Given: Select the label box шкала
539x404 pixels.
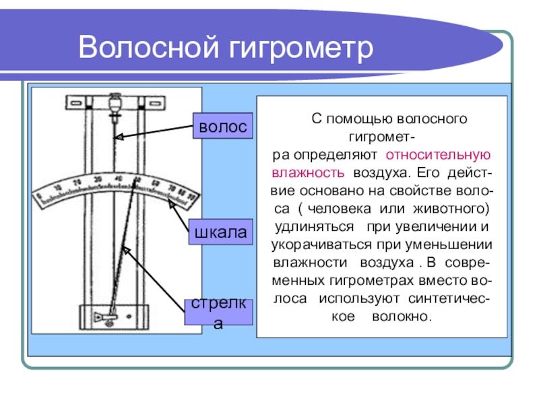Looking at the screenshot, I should (222, 232).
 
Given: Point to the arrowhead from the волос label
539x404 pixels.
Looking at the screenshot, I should (116, 138).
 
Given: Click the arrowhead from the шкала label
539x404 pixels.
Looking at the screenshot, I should (171, 202).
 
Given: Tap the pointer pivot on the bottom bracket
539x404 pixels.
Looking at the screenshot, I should (109, 316).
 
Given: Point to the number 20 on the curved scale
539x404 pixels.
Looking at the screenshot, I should (77, 182).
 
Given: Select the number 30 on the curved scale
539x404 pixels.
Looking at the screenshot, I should (98, 179).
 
